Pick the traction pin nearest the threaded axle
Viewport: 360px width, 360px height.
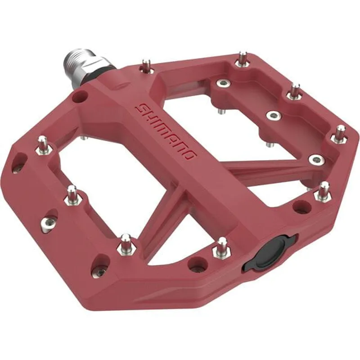[145, 66]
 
